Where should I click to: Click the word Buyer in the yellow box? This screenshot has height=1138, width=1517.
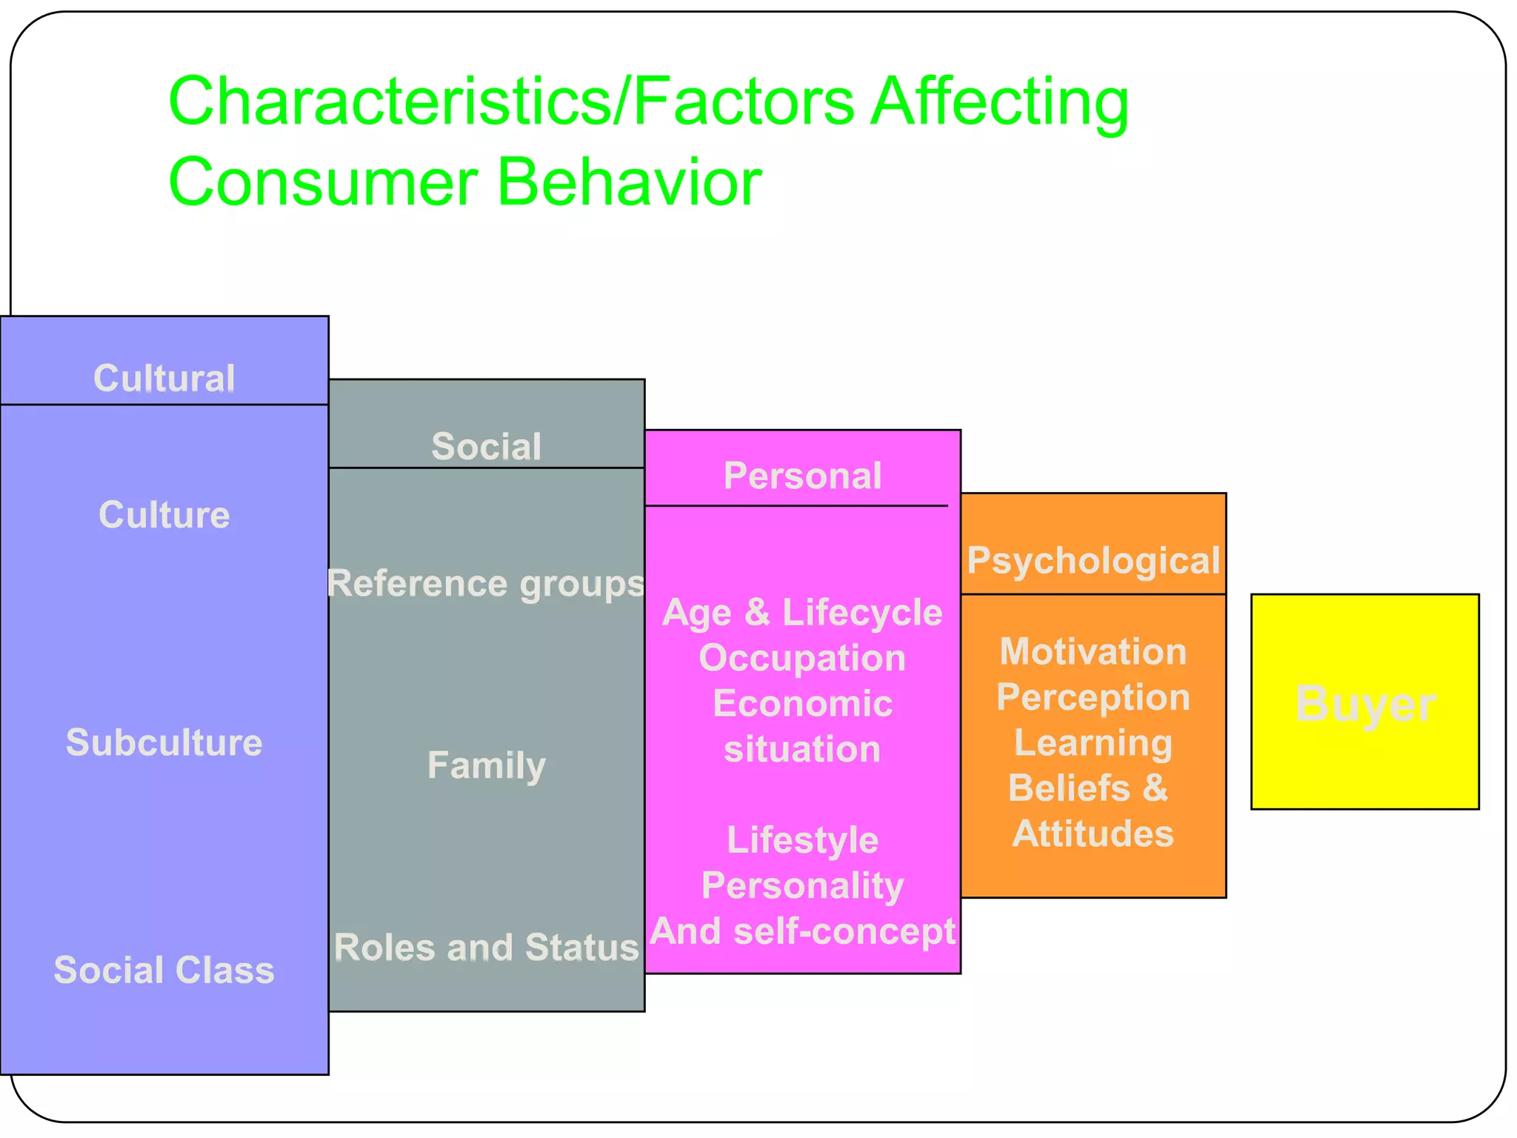pos(1365,704)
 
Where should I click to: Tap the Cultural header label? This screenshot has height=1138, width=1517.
pos(164,379)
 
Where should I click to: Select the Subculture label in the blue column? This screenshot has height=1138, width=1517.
pos(164,742)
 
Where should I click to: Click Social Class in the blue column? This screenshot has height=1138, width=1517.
pos(164,970)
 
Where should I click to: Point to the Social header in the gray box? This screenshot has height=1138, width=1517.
pos(487,447)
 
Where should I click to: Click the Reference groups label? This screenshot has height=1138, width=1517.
pos(487,584)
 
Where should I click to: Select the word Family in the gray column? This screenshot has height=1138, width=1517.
pos(487,765)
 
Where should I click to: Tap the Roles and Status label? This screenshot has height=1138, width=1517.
pos(487,948)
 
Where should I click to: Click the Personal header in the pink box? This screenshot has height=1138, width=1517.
pos(802,476)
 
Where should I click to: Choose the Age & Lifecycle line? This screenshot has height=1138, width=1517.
pos(802,613)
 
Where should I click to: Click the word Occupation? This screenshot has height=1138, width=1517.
pos(802,658)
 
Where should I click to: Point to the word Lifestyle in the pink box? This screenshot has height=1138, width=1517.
pos(802,840)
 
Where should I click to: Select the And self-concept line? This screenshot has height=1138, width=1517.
pos(802,931)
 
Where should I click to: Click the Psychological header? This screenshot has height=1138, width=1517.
pos(1093,561)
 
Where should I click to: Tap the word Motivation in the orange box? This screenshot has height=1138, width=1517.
pos(1093,652)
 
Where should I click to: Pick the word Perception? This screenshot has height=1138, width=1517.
pos(1093,697)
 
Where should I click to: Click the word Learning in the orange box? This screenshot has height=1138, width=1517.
pos(1093,743)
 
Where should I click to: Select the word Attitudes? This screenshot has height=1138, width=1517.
pos(1093,834)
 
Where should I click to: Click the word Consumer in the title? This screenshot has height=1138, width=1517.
pos(323,182)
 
